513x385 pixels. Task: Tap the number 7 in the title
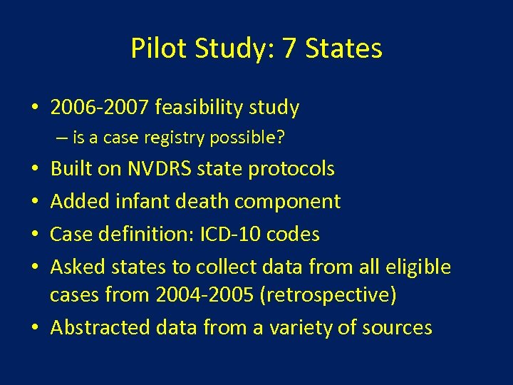pos(290,48)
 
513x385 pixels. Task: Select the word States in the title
pos(343,48)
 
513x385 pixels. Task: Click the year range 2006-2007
pos(100,108)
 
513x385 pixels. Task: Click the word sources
pos(397,327)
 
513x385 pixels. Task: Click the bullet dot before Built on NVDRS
pos(35,170)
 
